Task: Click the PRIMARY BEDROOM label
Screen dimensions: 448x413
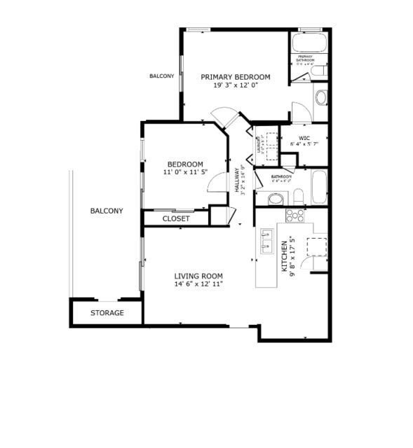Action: point(235,76)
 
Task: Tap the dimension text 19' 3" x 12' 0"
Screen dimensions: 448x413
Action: point(235,85)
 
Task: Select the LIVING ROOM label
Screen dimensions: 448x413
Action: point(198,276)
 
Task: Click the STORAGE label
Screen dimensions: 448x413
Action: point(107,313)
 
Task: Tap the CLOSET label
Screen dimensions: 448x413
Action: point(176,218)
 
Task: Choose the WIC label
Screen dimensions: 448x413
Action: point(304,137)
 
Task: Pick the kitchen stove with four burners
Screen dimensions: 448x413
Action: point(295,215)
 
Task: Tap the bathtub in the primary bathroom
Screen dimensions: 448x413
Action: point(309,44)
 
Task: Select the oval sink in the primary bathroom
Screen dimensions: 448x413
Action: point(321,97)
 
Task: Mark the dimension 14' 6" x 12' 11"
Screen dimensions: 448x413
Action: point(198,285)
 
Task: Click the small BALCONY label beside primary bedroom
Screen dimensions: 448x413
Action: point(162,76)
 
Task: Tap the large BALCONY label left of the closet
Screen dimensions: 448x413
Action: point(107,211)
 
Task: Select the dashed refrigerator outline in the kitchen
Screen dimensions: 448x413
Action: point(317,247)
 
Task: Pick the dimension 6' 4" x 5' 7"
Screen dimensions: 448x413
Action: point(305,145)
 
